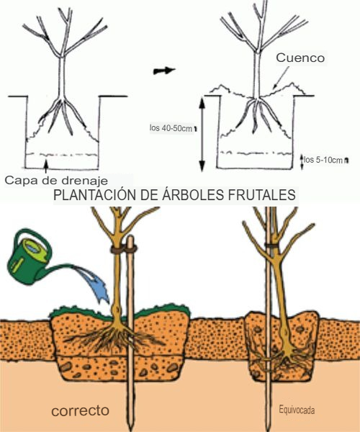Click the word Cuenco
point(300,58)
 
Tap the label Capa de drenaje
point(56,181)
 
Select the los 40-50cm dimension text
point(171,128)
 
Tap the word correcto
point(80,410)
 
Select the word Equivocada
point(297,410)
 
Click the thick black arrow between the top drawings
point(164,71)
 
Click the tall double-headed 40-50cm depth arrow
point(202,134)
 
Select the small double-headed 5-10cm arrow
point(302,162)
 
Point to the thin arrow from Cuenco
point(280,78)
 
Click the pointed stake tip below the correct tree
point(132,426)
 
